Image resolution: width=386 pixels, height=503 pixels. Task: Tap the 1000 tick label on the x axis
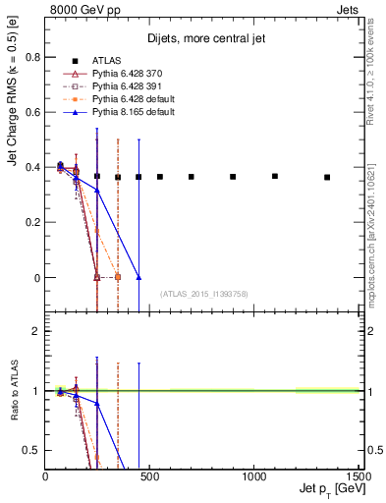coord(253,476)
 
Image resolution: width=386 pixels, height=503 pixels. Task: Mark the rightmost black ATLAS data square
coord(327,177)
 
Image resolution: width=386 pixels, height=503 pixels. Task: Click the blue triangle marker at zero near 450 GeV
coord(138,277)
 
